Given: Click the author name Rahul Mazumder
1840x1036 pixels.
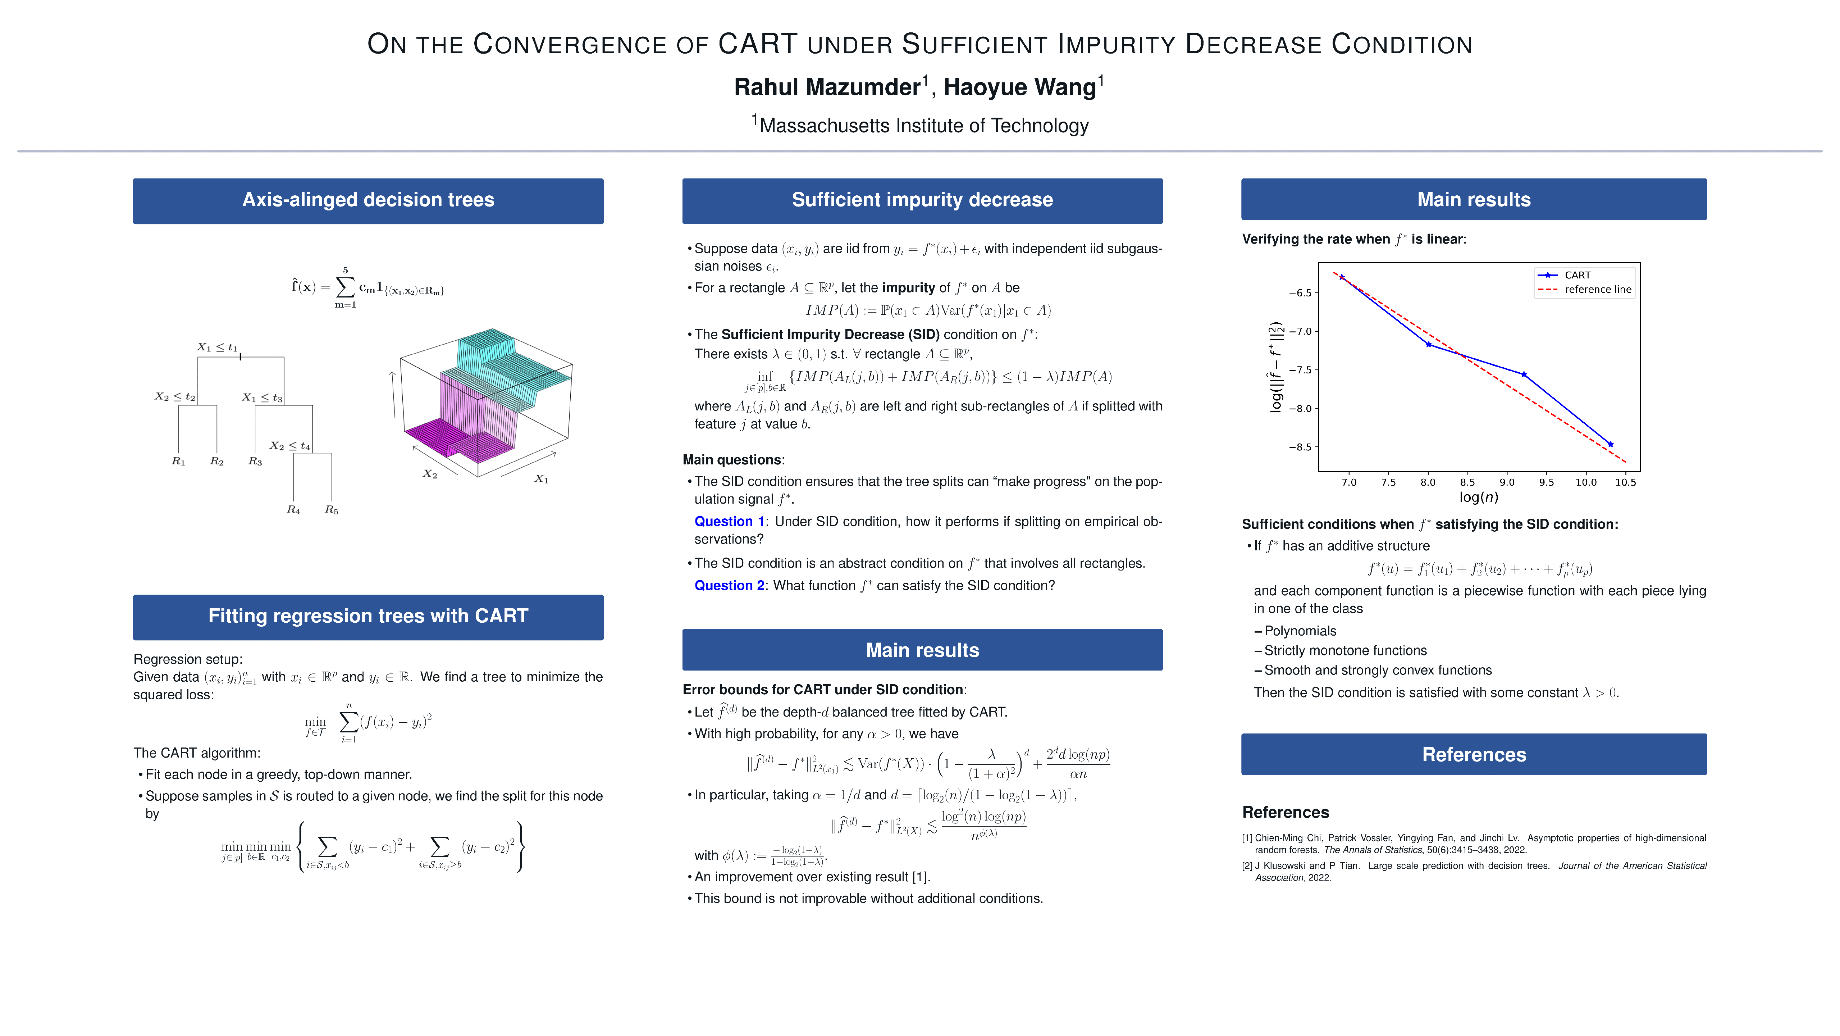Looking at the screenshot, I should tap(827, 87).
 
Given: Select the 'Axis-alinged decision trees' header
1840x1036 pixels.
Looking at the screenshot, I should tap(368, 200).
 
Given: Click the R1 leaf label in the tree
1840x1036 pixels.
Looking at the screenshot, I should tap(179, 462).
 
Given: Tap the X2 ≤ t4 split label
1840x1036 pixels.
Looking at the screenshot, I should tap(290, 446).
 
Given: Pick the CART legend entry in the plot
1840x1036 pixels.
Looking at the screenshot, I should tap(1577, 275).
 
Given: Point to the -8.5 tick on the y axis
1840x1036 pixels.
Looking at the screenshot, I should tap(1300, 447).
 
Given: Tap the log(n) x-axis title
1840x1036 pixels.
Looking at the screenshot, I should tap(1478, 497).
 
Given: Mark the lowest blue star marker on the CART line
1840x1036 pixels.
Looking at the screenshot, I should tap(1610, 444).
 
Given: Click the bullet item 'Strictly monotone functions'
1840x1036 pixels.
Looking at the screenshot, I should tap(1345, 651).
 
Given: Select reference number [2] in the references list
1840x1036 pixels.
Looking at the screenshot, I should tap(1247, 866).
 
